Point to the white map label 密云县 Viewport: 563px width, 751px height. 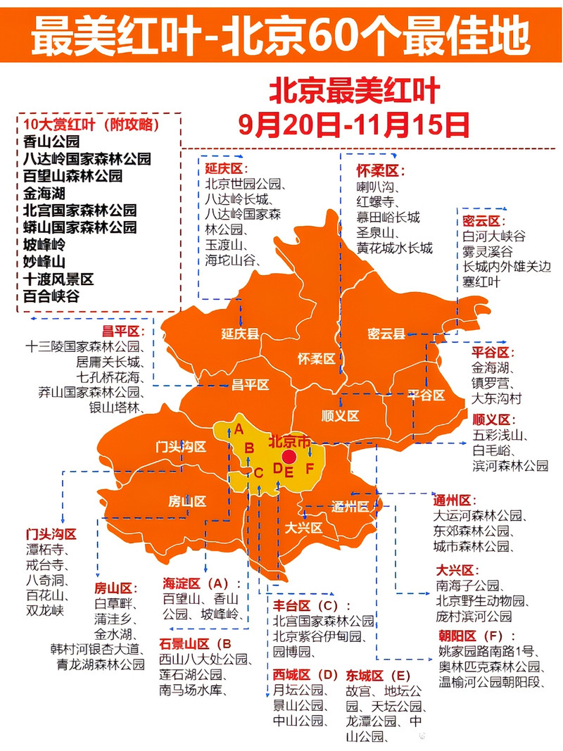click(386, 334)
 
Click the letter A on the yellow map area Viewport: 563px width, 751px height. click(239, 429)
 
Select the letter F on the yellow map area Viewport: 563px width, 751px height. click(309, 468)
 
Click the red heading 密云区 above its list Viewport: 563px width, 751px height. click(485, 221)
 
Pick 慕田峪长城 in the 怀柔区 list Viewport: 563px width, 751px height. click(388, 217)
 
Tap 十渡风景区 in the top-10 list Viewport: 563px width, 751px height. click(58, 279)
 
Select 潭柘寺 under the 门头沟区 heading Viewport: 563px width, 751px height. click(46, 550)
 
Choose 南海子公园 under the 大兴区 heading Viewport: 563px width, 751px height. click(467, 586)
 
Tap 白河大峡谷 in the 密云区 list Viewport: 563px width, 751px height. click(493, 236)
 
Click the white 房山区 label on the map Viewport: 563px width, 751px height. click(186, 501)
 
